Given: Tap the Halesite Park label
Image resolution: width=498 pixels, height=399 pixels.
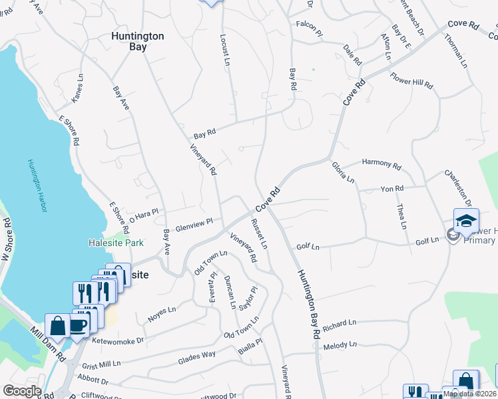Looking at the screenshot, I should pos(116,243).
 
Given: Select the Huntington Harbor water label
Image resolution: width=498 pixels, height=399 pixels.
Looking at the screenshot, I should pos(37,186).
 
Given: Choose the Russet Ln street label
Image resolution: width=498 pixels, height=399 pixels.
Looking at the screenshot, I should pos(260,233).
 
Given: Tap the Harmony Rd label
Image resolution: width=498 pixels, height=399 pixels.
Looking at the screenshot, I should pos(381,164).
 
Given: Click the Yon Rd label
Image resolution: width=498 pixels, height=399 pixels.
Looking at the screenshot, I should pos(392,189).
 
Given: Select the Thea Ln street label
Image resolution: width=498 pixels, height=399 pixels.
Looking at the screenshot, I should pos(401,217).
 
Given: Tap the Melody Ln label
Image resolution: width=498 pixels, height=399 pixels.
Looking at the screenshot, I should pos(340,346).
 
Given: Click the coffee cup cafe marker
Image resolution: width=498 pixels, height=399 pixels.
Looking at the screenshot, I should pos(79,325).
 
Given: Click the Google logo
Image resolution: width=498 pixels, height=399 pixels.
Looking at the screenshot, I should pos(23,391).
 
